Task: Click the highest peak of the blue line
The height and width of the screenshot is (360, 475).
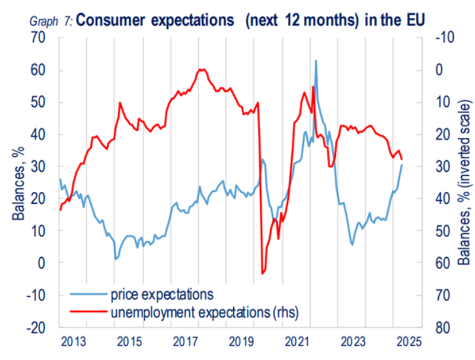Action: [x=316, y=60]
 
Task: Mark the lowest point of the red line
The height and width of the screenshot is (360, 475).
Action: [x=262, y=273]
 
